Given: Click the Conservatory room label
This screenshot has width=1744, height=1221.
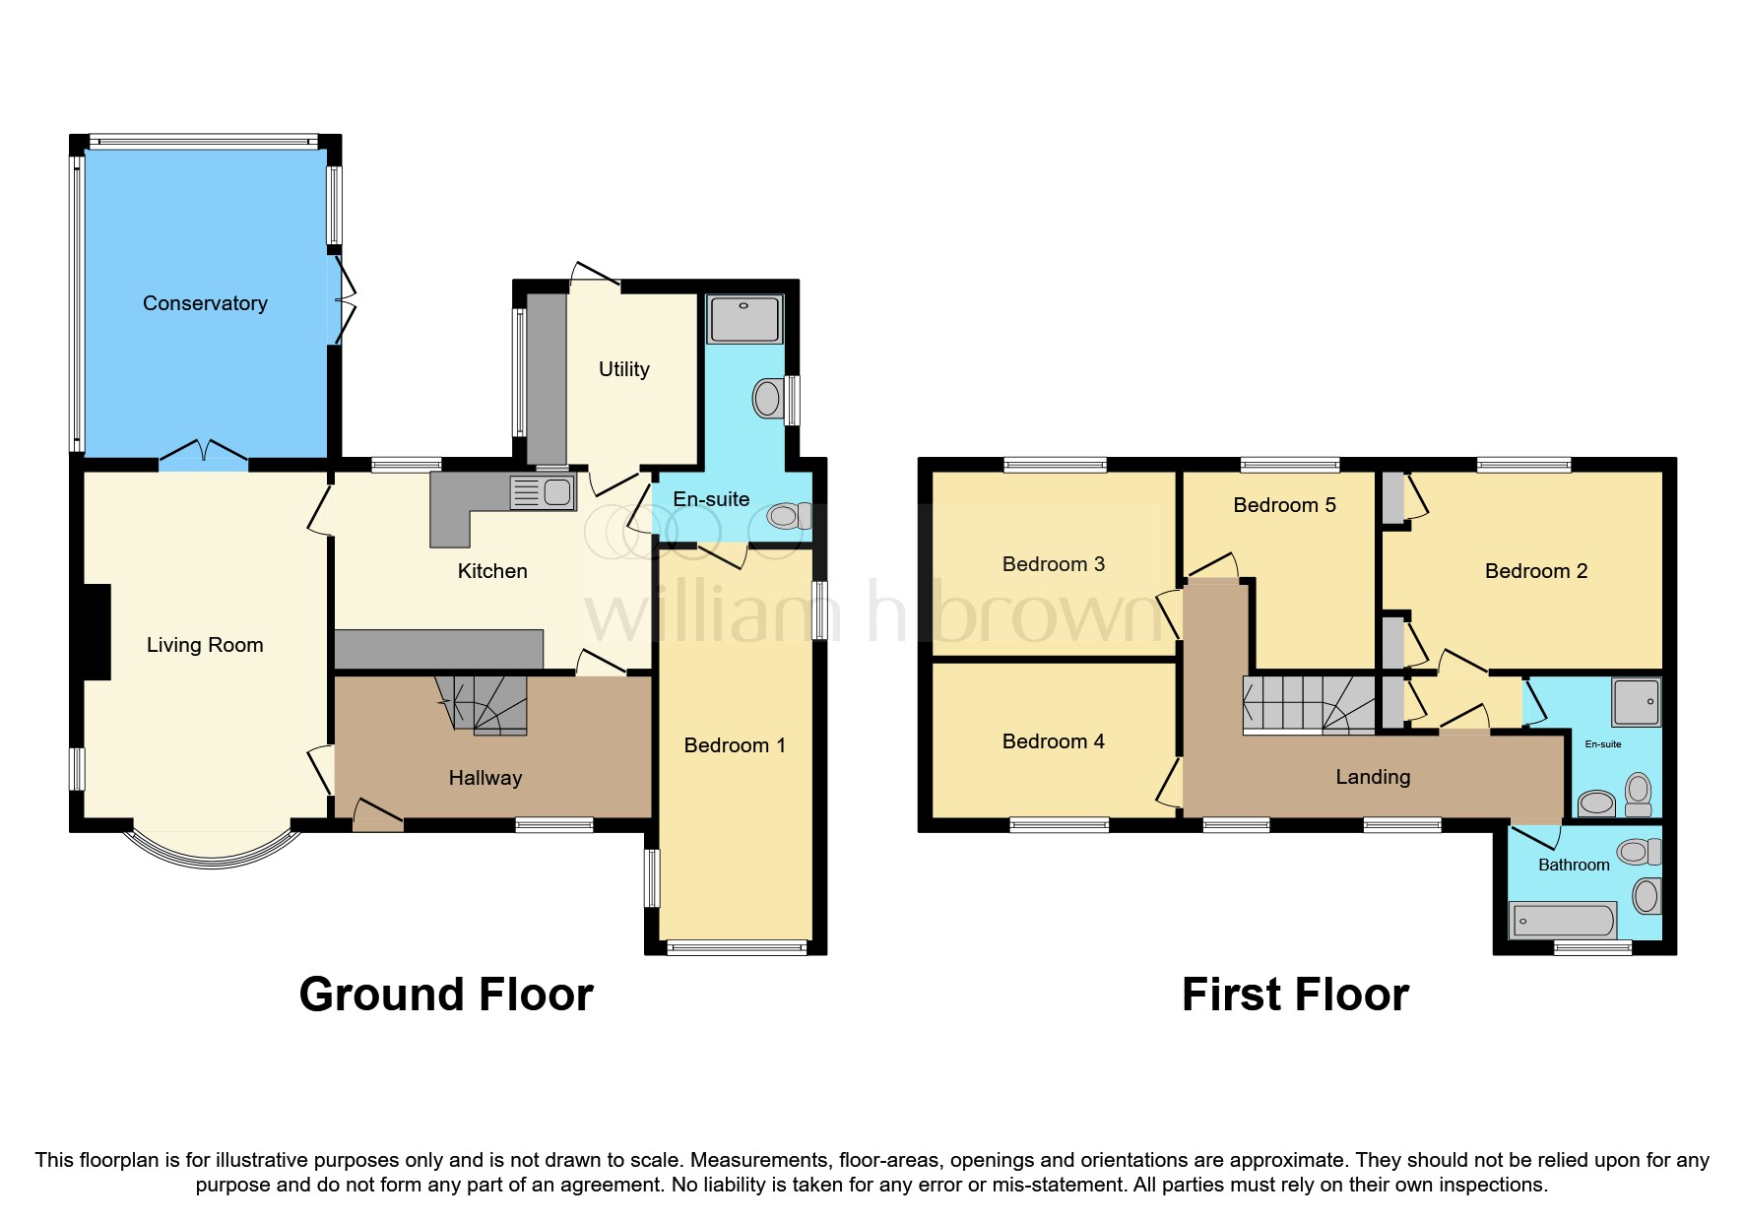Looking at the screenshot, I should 205,303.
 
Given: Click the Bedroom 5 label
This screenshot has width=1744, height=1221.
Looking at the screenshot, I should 1284,505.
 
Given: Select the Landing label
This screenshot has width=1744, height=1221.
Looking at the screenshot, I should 1373,777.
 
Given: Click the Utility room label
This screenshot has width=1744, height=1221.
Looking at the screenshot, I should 623,369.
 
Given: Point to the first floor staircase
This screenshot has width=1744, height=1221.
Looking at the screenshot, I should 1309,704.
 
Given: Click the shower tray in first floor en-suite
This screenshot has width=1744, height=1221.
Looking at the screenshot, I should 1636,702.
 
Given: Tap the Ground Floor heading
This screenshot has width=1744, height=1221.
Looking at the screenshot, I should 446,995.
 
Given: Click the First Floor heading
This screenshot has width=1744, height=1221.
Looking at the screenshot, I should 1295,995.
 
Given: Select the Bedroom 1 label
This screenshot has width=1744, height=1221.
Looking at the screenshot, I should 735,745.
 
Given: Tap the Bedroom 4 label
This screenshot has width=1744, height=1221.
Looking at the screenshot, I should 1053,741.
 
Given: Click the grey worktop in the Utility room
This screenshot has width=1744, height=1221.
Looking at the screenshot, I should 547,379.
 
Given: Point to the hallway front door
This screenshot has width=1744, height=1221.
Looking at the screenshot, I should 377,816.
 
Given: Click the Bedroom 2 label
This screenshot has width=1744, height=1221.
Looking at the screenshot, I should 1535,571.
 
